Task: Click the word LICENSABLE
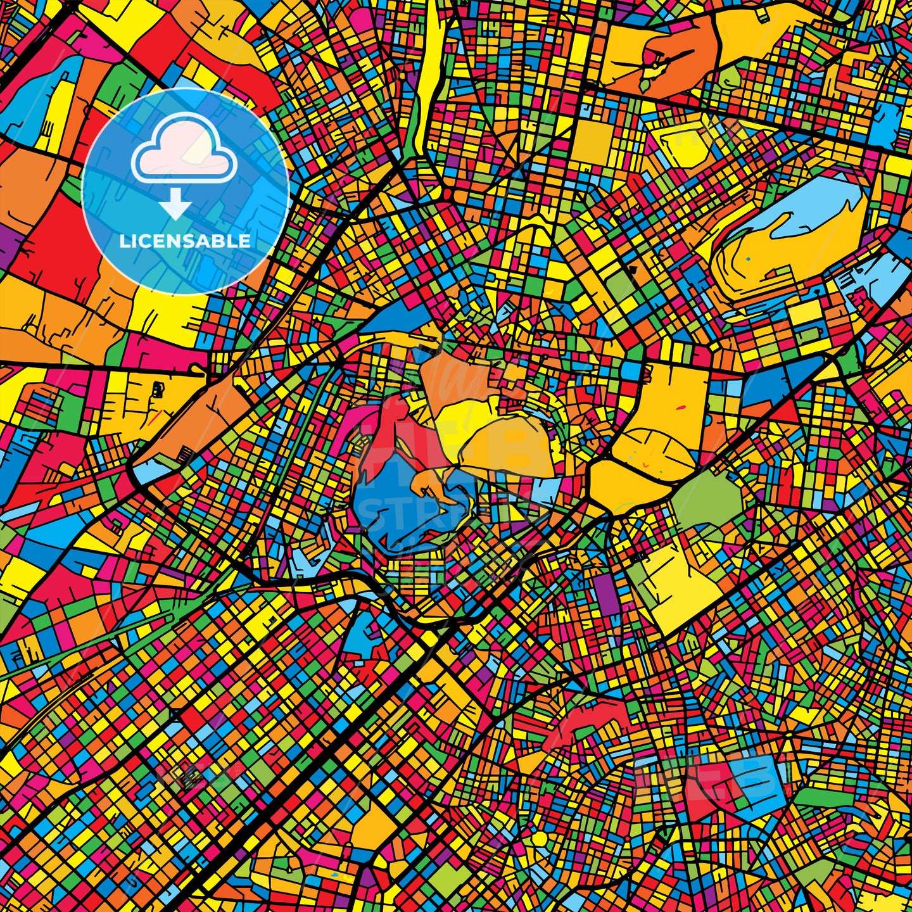pyautogui.click(x=185, y=241)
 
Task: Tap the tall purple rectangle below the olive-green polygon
pyautogui.click(x=604, y=595)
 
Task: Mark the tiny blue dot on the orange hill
pyautogui.click(x=748, y=258)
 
